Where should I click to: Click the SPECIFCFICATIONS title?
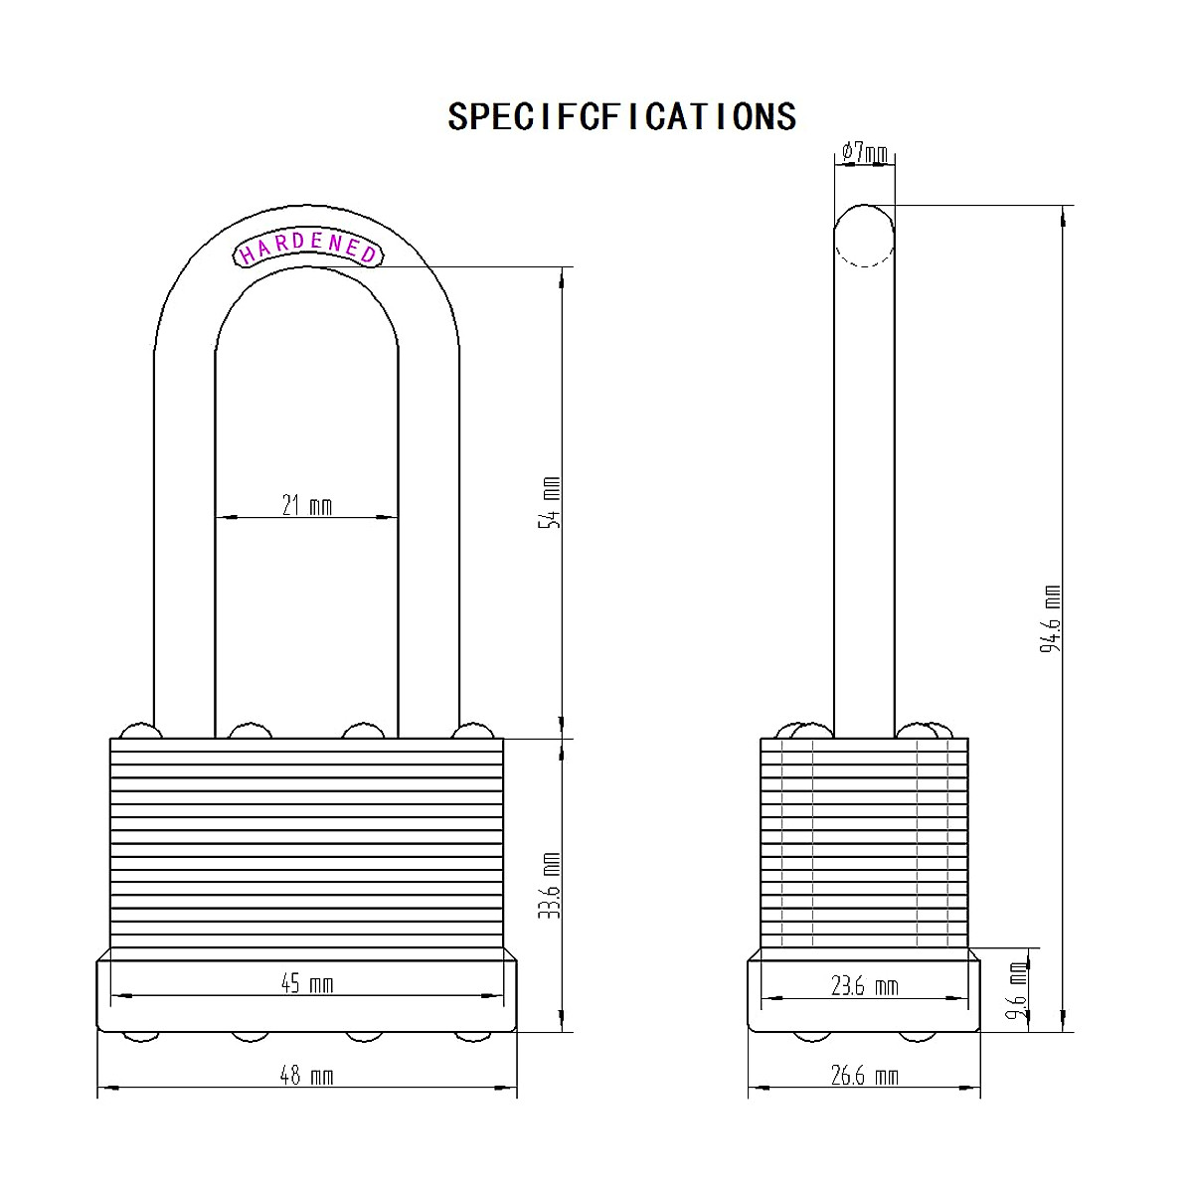(621, 116)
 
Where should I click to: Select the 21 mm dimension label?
(307, 506)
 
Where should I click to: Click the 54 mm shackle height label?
(550, 502)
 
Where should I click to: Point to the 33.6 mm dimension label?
(550, 886)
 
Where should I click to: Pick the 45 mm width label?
(307, 984)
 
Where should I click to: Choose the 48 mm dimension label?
(307, 1076)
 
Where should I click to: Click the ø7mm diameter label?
(865, 152)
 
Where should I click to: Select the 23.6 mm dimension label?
(864, 986)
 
